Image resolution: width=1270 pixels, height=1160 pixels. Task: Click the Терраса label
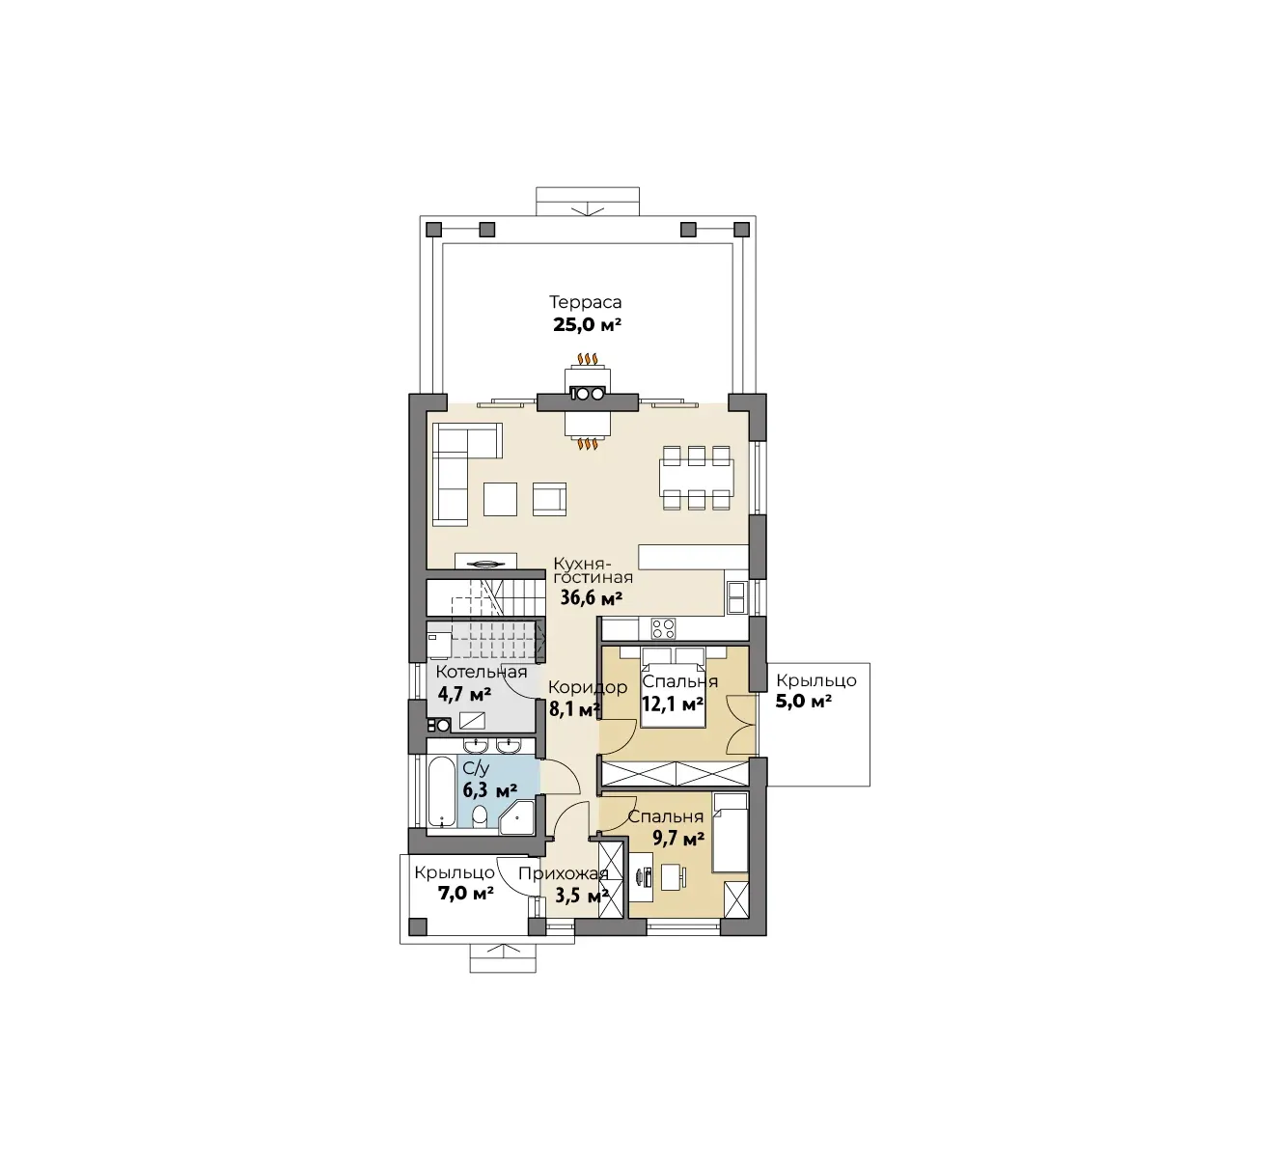(x=585, y=302)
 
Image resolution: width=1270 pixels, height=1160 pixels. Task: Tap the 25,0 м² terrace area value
(x=587, y=325)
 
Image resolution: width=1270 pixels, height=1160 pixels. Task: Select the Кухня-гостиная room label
(x=593, y=570)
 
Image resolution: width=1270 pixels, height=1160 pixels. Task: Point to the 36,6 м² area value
(x=591, y=597)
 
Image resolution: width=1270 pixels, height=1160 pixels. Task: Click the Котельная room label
(x=482, y=672)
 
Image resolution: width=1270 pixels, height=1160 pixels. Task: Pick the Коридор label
(x=588, y=687)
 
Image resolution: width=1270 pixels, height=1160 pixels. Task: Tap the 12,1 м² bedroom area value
(x=673, y=704)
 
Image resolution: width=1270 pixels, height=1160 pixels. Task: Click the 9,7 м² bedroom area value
(x=678, y=839)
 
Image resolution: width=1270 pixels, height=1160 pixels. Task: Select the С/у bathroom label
(x=476, y=769)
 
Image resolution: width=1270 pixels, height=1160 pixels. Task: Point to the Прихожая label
(x=563, y=873)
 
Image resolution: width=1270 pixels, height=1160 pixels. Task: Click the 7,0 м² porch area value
(x=466, y=894)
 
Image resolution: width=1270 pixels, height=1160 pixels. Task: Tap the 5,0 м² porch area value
(x=804, y=702)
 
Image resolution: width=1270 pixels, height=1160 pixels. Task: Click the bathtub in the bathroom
(x=441, y=791)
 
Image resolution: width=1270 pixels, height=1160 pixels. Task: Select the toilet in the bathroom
(x=480, y=815)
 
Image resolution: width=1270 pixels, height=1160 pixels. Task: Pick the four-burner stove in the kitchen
(x=664, y=629)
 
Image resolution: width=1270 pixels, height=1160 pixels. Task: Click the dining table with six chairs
(x=697, y=478)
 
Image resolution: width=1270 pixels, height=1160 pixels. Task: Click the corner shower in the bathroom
(x=517, y=817)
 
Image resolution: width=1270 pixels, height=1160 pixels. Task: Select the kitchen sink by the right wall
(x=736, y=597)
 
